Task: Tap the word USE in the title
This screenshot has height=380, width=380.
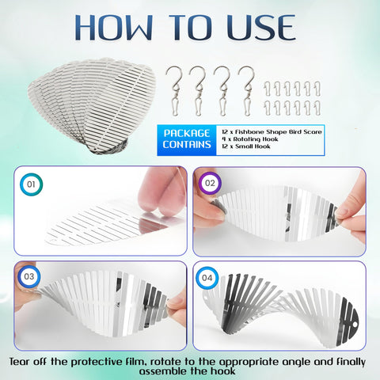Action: (261, 28)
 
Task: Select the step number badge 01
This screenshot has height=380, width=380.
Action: (31, 184)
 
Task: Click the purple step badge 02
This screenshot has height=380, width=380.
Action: (210, 183)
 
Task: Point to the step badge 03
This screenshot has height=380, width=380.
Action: (29, 276)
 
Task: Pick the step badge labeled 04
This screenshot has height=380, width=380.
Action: (207, 278)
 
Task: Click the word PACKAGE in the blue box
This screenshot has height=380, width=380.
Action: (187, 133)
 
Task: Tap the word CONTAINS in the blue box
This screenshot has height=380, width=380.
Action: (187, 144)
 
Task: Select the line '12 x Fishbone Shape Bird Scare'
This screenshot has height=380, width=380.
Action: (272, 131)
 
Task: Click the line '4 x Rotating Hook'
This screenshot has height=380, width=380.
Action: (250, 139)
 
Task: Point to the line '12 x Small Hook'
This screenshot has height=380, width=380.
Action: (246, 146)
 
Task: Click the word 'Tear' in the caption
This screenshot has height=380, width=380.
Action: (20, 362)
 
